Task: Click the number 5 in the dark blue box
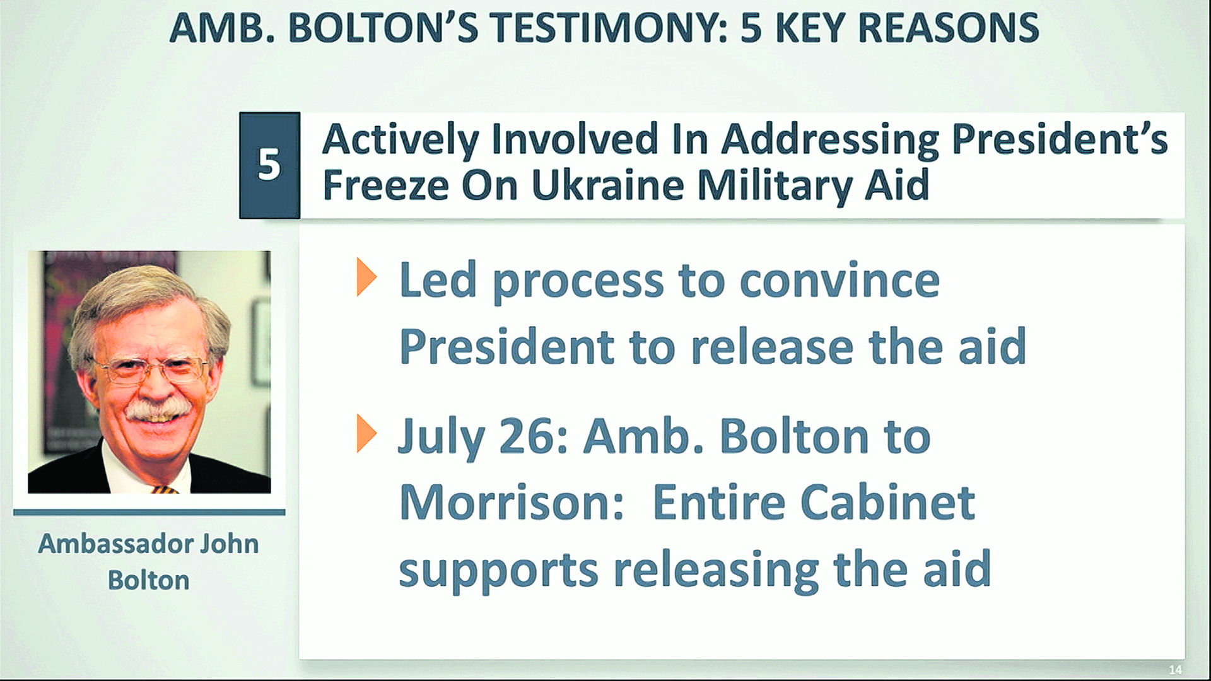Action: click(269, 165)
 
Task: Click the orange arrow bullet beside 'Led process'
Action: click(366, 277)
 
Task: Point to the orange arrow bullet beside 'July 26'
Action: click(366, 433)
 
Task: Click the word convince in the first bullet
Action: click(840, 281)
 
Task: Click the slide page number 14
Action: click(1175, 670)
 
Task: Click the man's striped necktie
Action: click(165, 489)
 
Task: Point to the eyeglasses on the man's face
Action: click(151, 368)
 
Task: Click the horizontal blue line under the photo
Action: click(149, 513)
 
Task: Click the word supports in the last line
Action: click(498, 571)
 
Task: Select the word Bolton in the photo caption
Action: click(149, 580)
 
